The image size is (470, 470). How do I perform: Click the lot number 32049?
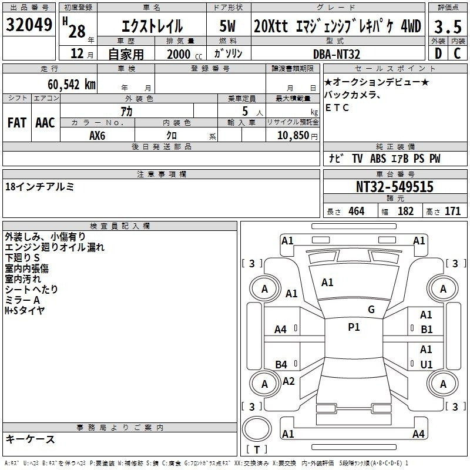(29, 25)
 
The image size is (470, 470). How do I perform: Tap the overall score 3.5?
(448, 26)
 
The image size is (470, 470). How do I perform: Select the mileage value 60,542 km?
(72, 85)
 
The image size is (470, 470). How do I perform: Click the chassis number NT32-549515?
(395, 187)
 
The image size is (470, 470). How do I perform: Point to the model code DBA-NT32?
(337, 54)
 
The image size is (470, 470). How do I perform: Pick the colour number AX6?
(98, 136)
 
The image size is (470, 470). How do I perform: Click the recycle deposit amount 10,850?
(293, 136)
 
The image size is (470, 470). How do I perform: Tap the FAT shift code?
(17, 123)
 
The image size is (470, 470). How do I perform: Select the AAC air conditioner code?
(45, 123)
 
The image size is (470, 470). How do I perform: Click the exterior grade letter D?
(438, 53)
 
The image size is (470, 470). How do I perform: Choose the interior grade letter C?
(458, 53)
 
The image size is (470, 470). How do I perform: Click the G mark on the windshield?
(371, 310)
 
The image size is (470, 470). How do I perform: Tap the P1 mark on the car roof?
(354, 327)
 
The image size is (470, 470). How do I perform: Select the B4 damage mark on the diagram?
(281, 364)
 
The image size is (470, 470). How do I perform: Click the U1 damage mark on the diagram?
(427, 364)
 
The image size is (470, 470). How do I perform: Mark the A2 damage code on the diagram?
(288, 381)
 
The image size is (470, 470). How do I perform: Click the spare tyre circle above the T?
(257, 429)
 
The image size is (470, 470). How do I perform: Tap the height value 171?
(452, 211)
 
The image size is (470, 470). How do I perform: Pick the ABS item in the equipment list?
(378, 159)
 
